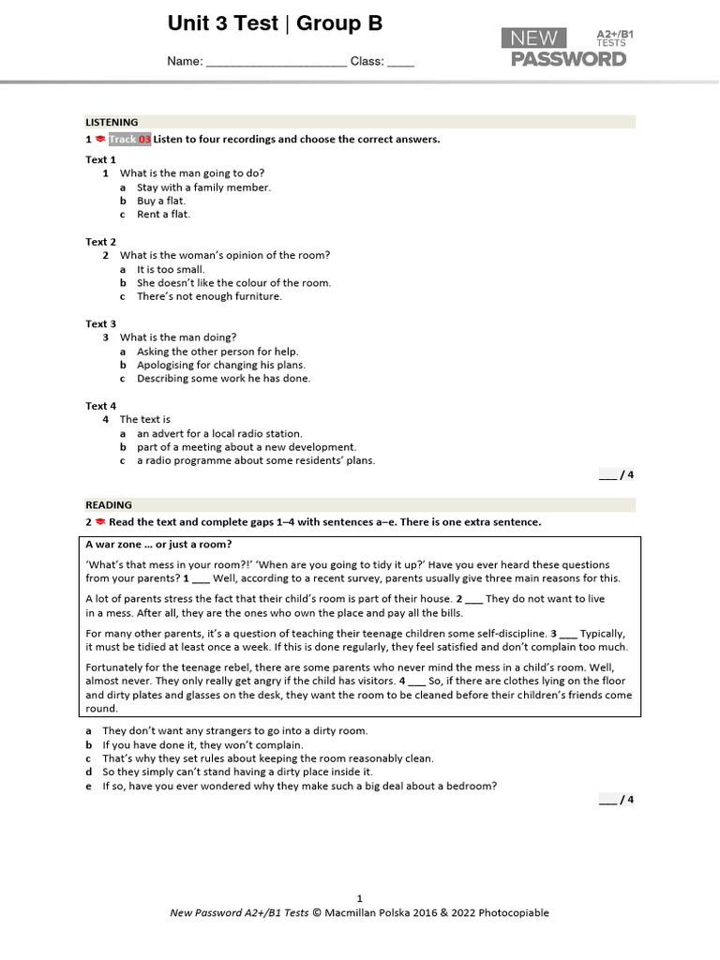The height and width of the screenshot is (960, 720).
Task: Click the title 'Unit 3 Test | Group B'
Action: pos(275,24)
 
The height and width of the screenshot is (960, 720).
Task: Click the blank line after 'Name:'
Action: pos(276,63)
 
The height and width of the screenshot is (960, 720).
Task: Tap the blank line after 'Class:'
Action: pos(400,63)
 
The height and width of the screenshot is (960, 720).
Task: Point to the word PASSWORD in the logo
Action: pos(568,59)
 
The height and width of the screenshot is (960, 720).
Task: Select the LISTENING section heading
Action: pos(112,122)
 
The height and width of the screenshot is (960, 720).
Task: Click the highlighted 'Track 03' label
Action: pos(129,140)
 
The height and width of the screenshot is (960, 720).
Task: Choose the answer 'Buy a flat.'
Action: pos(161,201)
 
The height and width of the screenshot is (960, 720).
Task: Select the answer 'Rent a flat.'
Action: pos(163,215)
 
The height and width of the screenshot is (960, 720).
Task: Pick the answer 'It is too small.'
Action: pos(171,269)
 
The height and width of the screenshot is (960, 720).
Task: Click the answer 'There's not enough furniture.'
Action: pos(209,296)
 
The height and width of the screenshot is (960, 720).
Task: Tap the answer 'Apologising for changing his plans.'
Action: pos(221,365)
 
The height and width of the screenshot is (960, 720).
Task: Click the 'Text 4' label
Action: pos(101,406)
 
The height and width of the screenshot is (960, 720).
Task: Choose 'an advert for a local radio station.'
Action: pos(219,434)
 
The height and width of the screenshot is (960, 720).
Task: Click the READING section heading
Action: pos(109,504)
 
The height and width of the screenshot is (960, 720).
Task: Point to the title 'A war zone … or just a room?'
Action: pos(158,545)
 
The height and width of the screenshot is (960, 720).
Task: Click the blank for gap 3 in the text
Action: pos(567,634)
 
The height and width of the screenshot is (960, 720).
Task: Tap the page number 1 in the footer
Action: pos(359,897)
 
